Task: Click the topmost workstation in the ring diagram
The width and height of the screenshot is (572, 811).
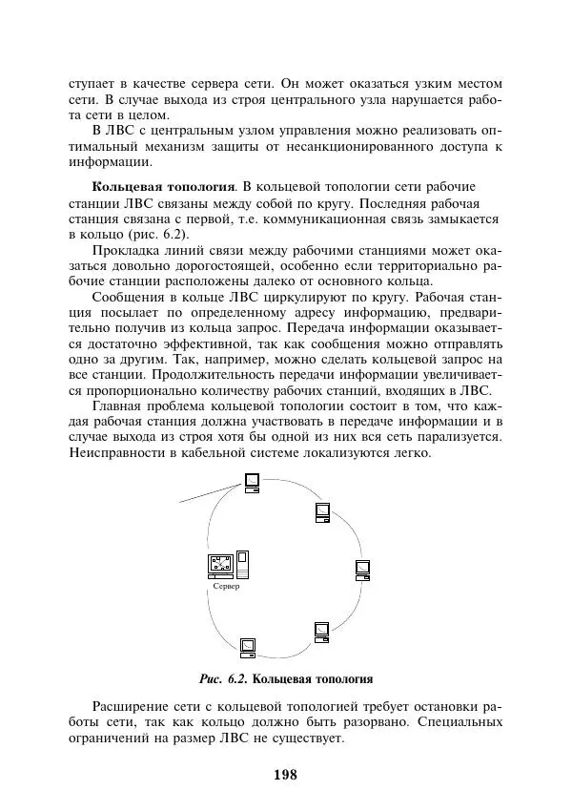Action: click(x=251, y=483)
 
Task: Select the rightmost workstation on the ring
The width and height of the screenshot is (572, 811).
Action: click(x=362, y=570)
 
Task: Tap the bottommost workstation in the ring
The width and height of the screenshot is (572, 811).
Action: click(x=248, y=649)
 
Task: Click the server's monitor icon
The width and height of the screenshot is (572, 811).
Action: click(x=220, y=564)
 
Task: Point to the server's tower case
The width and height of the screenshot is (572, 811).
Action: click(x=242, y=563)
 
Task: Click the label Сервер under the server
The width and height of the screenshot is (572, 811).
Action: click(x=226, y=586)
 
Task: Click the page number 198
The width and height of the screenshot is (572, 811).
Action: click(x=285, y=774)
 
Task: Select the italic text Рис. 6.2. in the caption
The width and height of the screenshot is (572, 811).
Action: click(x=222, y=679)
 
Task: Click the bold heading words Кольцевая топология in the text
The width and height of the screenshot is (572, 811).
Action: click(x=162, y=185)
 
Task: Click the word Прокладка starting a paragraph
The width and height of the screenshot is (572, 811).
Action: click(x=127, y=250)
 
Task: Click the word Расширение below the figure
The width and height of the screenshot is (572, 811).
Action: click(x=133, y=707)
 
